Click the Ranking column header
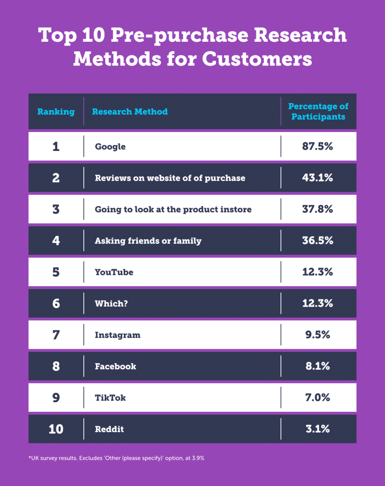coord(56,112)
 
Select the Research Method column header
coord(130,112)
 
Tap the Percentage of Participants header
coord(318,112)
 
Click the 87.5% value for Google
coord(318,146)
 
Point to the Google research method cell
coord(110,146)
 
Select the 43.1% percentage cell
coord(318,178)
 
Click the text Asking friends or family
coord(148,241)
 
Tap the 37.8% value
coord(318,209)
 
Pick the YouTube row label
coord(114,272)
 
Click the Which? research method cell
coord(111,303)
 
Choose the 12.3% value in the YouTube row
coord(318,272)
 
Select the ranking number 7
coord(56,335)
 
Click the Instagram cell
coord(118,335)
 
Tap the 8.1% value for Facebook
coord(318,366)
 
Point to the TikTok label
coord(110,397)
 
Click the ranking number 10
coord(56,429)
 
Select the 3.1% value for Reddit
coord(318,429)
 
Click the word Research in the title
coord(301,35)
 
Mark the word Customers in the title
coord(257,59)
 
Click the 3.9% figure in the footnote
coord(198,458)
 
